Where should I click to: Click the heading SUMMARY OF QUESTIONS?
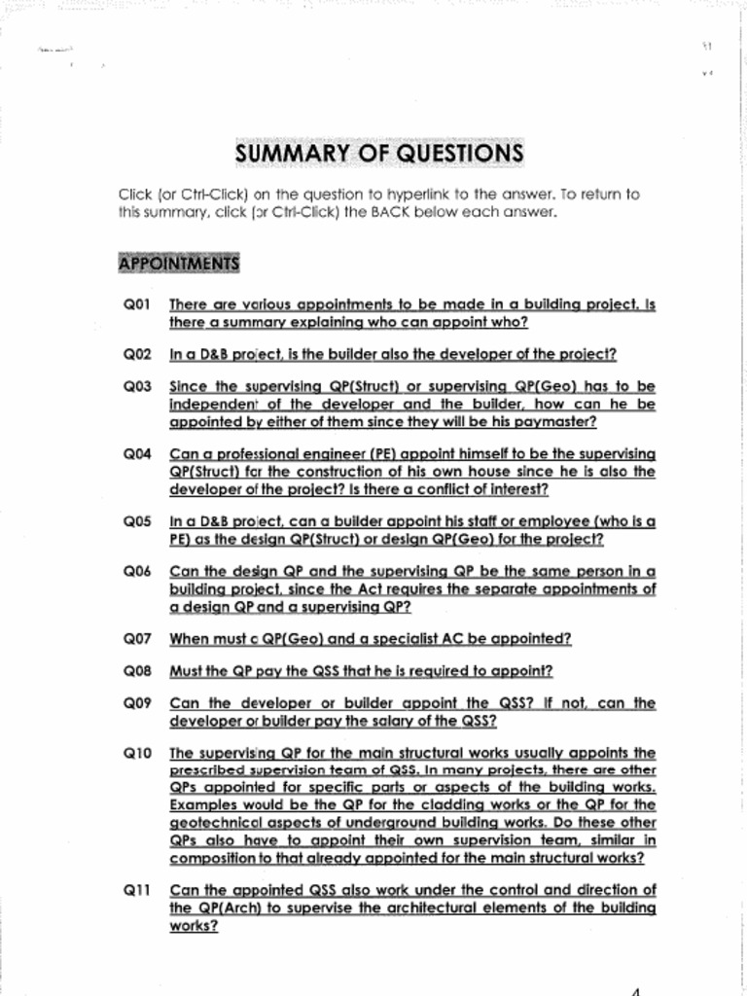pyautogui.click(x=379, y=155)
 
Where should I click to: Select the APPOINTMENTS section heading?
pyautogui.click(x=178, y=264)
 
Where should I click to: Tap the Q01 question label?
pyautogui.click(x=137, y=304)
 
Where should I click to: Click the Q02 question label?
pyautogui.click(x=137, y=354)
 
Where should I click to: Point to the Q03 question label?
pyautogui.click(x=137, y=386)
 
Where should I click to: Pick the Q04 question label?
pyautogui.click(x=137, y=454)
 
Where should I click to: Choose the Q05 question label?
pyautogui.click(x=137, y=521)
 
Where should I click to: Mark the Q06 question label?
pyautogui.click(x=137, y=572)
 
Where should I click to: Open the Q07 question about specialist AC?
pyautogui.click(x=370, y=639)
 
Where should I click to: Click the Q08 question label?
pyautogui.click(x=137, y=671)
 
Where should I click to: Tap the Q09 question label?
pyautogui.click(x=137, y=703)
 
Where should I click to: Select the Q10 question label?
pyautogui.click(x=137, y=754)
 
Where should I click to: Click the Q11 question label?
pyautogui.click(x=137, y=890)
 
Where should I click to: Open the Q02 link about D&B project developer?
pyautogui.click(x=393, y=354)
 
